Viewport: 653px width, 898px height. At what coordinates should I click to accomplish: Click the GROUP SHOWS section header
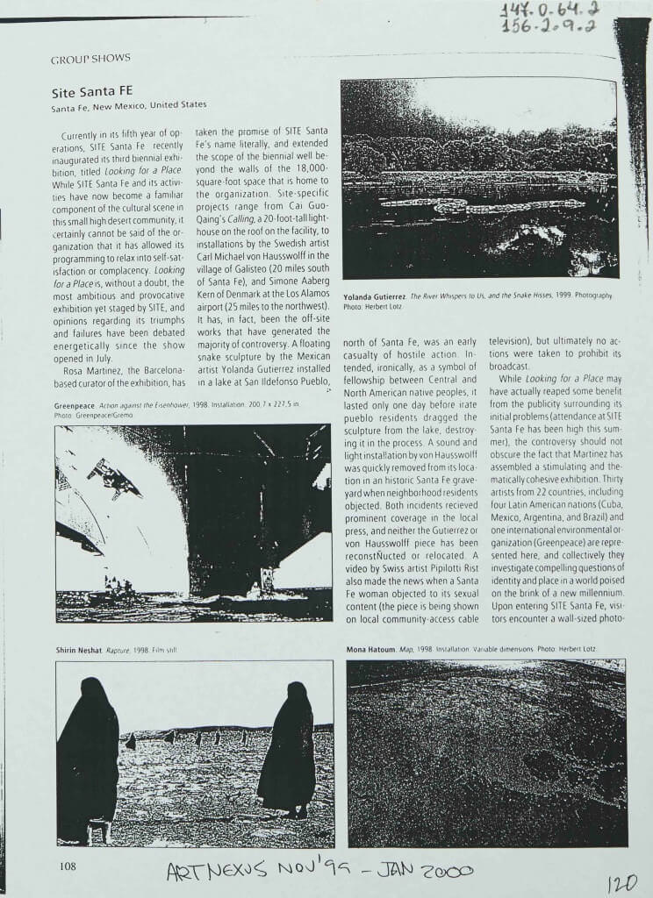(x=90, y=58)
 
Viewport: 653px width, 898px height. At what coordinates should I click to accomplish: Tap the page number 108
(x=69, y=866)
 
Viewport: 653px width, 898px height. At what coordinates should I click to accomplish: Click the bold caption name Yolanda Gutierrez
(x=376, y=296)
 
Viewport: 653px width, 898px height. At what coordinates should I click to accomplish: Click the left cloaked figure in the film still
(x=87, y=759)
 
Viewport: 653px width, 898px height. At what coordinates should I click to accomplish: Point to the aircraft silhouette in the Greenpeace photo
(x=113, y=477)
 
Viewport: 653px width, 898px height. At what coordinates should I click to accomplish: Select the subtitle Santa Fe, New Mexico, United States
(x=128, y=105)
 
